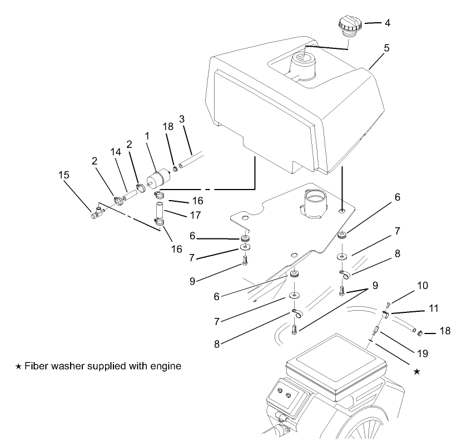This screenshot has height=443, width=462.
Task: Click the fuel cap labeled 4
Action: point(348,26)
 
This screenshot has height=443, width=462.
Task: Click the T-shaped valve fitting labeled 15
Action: point(96,212)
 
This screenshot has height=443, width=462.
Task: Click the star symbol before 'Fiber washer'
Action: point(18,367)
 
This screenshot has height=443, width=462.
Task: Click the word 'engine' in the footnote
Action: point(167,367)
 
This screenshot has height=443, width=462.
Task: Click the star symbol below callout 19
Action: point(418,371)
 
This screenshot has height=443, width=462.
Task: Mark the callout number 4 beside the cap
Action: point(387,24)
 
